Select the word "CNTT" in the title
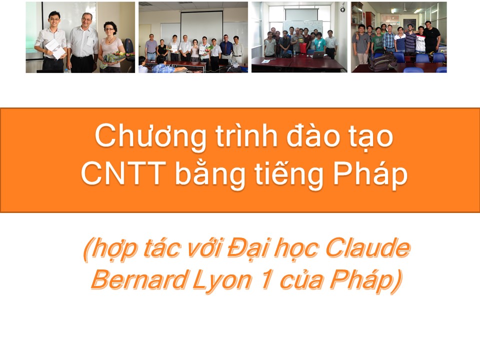click(123, 173)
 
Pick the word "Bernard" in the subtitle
click(138, 280)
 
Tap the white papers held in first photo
click(55, 49)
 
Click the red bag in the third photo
click(302, 47)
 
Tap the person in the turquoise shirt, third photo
click(318, 44)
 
